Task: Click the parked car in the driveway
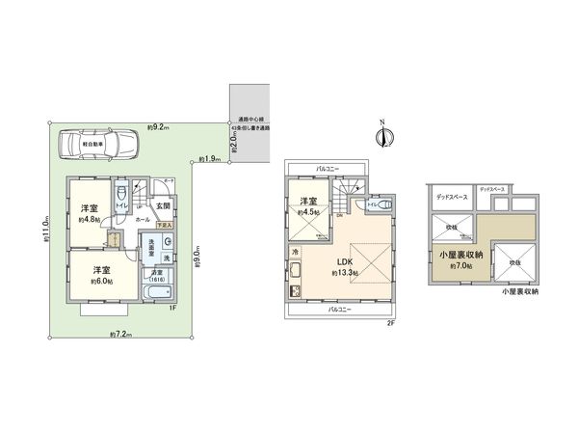[x=98, y=147]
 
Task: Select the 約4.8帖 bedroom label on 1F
[x=88, y=211]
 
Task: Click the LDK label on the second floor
[x=343, y=262]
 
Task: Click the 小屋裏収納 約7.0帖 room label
[x=457, y=260]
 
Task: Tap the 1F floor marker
[x=171, y=308]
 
